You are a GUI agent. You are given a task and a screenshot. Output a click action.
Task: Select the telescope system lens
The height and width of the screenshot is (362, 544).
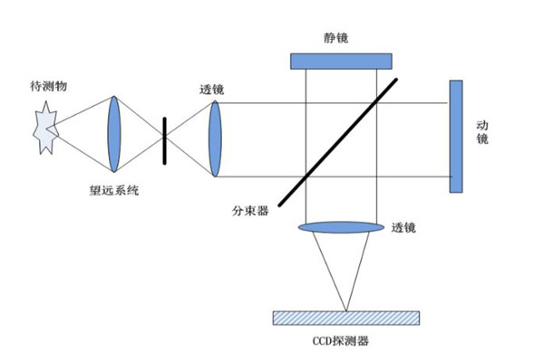pos(114,135)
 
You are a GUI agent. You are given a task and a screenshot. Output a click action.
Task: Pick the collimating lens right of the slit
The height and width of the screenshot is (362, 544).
pos(215,139)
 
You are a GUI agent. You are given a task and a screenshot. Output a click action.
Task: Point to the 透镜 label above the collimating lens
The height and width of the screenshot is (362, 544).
pos(211,90)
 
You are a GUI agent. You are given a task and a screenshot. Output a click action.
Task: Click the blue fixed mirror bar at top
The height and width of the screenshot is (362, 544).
pos(341,61)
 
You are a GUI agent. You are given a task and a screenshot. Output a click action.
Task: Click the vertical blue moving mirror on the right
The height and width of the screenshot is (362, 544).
pos(455,136)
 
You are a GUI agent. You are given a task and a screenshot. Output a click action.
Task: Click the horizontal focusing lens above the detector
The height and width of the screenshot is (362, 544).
pos(341,228)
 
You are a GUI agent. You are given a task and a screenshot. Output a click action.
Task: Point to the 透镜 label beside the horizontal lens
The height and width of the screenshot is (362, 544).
pos(403,228)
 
